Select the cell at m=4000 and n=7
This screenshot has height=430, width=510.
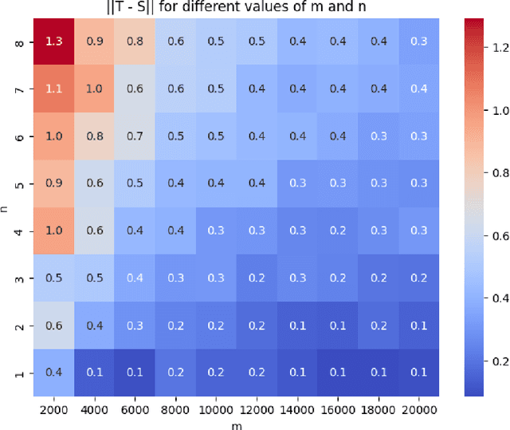(94, 89)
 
